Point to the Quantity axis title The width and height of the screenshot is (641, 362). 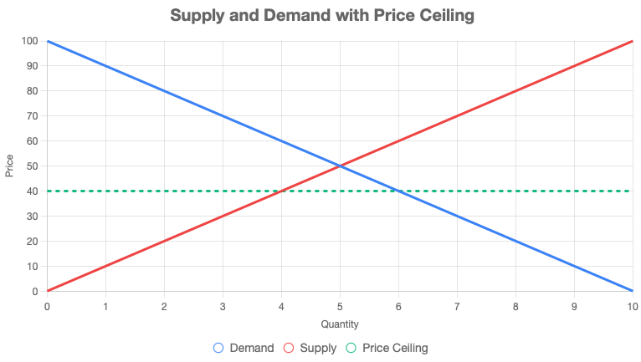point(340,324)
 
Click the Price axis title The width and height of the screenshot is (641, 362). point(9,166)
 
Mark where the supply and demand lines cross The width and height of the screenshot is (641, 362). point(340,166)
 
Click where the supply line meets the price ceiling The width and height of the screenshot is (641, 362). point(281,191)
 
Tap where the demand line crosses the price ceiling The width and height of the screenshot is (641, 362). point(398,191)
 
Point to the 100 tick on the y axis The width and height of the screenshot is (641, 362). point(30,41)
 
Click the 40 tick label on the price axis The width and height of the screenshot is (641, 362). point(33,191)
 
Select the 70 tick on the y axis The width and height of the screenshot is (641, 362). point(33,116)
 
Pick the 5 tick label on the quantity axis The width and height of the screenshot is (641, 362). point(340,305)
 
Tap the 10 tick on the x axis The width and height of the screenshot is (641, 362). point(632,305)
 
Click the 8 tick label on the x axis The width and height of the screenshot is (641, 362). point(515,305)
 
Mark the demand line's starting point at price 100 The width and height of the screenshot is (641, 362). point(48,41)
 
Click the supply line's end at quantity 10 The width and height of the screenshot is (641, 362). point(632,41)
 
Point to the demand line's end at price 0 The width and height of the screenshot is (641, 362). point(632,291)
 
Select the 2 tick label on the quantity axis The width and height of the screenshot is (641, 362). point(164,305)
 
